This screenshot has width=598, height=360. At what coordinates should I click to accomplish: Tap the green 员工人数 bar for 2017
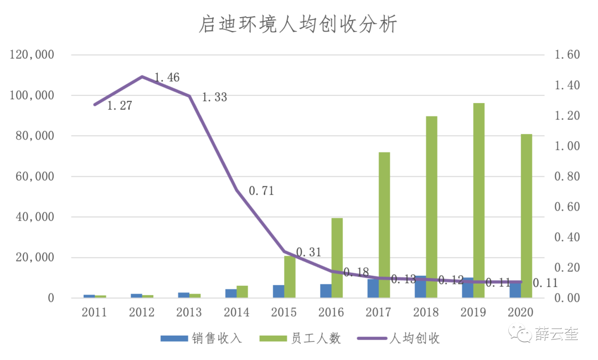pyautogui.click(x=384, y=225)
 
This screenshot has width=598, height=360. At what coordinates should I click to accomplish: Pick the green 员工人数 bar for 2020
pyautogui.click(x=526, y=216)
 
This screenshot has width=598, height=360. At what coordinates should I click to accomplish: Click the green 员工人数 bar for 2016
pyautogui.click(x=337, y=258)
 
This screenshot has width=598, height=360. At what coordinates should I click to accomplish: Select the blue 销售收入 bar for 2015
pyautogui.click(x=278, y=291)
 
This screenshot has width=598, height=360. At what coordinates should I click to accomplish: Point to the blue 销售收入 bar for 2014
pyautogui.click(x=231, y=294)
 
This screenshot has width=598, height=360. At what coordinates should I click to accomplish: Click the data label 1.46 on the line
pyautogui.click(x=167, y=78)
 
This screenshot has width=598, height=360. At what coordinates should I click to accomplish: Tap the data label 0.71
pyautogui.click(x=261, y=191)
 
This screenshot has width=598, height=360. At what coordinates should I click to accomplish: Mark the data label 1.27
pyautogui.click(x=119, y=105)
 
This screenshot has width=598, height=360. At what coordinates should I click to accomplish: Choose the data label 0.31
pyautogui.click(x=308, y=252)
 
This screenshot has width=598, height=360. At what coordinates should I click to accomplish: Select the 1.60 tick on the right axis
pyautogui.click(x=566, y=55)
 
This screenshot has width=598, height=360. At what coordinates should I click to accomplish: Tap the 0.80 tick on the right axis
pyautogui.click(x=566, y=177)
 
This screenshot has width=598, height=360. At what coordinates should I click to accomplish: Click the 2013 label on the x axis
pyautogui.click(x=189, y=313)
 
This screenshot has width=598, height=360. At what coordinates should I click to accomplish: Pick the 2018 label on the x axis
pyautogui.click(x=426, y=313)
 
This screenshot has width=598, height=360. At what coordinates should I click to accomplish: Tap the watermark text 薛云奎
pyautogui.click(x=556, y=333)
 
